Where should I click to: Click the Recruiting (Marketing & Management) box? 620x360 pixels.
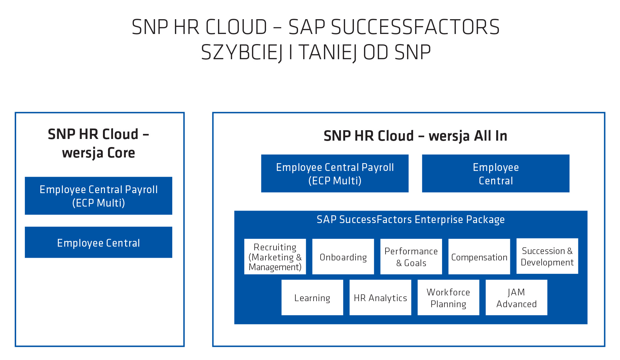point(275,257)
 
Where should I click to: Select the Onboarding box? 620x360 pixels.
point(343,257)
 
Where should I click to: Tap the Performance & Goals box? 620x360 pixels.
point(411,257)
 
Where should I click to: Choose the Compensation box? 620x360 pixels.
point(479,257)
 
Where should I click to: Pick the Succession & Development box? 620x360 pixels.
point(547,256)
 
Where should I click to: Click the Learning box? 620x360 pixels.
point(312,297)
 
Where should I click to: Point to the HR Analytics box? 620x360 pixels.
point(380,297)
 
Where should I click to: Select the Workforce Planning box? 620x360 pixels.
point(448,297)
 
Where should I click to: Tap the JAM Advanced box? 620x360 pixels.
point(516,297)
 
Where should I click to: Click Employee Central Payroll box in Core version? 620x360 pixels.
point(99,196)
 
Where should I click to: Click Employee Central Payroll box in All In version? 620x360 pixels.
point(335,174)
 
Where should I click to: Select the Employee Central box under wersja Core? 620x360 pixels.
point(99,242)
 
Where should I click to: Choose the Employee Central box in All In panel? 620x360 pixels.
point(496,174)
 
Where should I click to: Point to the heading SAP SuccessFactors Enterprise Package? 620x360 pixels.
point(411,220)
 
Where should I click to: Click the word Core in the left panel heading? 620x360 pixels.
point(121,153)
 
